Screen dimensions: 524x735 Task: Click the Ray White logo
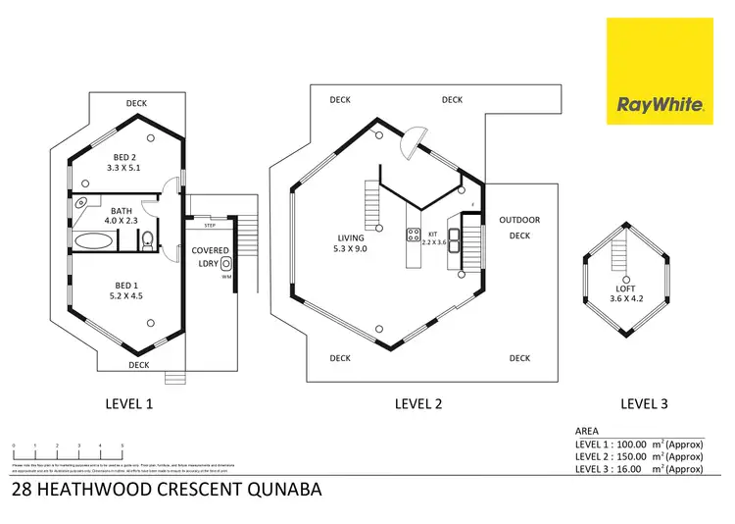(660, 71)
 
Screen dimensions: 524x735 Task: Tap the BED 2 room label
(124, 162)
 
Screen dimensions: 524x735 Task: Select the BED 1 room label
(124, 289)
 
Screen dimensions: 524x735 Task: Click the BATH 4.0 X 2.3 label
(121, 216)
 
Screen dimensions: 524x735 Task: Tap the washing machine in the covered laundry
(226, 263)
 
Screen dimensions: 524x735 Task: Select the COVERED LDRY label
(210, 257)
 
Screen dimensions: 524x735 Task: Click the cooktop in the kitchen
(413, 236)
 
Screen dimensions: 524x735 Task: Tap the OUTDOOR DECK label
(519, 227)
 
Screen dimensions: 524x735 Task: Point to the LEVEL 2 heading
(418, 402)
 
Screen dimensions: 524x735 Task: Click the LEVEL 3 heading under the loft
(645, 402)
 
